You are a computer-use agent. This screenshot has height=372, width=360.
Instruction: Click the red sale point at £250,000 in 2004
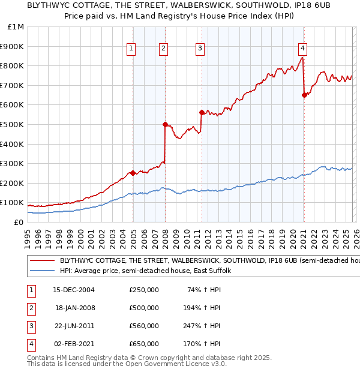(x=133, y=173)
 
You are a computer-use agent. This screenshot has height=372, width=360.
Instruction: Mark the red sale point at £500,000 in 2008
(x=165, y=124)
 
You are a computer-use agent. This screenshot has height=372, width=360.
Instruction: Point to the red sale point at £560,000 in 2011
(x=202, y=112)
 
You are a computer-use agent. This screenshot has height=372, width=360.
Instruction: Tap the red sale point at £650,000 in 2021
(x=304, y=95)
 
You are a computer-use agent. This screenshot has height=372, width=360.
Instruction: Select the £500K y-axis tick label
(x=12, y=124)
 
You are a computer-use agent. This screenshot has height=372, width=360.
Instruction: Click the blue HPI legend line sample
(x=42, y=271)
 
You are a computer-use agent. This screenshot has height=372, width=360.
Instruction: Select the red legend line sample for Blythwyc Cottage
(x=42, y=261)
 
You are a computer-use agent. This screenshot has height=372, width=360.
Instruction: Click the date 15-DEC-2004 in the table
(x=73, y=289)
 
